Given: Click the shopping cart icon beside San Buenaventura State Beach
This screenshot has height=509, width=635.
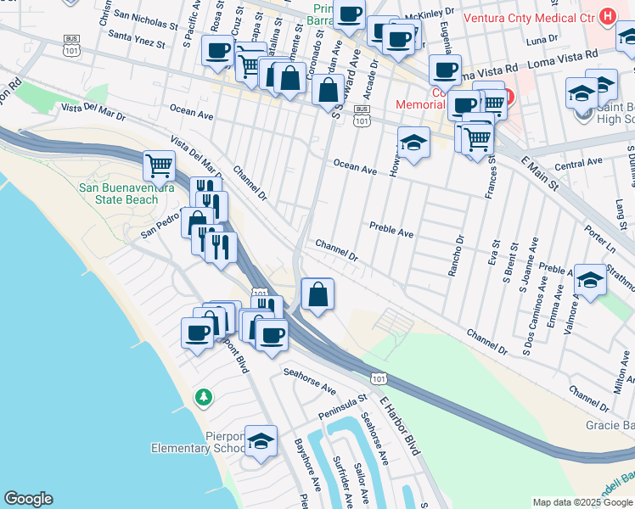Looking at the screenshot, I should tap(159, 165).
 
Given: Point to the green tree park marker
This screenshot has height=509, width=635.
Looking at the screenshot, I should tap(203, 396).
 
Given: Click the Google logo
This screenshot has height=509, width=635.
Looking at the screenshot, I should tap(28, 499).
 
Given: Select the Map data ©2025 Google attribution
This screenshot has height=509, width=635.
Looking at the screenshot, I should tap(582, 502).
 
